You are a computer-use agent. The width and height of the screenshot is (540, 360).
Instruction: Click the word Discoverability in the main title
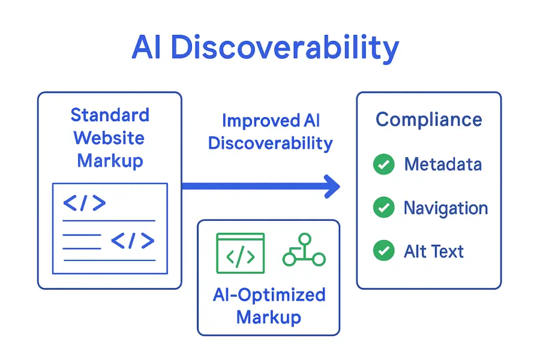[x=284, y=48]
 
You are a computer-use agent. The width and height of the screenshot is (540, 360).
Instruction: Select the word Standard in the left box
[x=110, y=115]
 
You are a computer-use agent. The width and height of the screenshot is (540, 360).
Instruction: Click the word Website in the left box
[x=109, y=137]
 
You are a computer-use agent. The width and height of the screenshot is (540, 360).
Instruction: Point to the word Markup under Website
[x=110, y=160]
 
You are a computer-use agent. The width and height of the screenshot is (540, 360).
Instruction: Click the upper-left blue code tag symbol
[x=84, y=203]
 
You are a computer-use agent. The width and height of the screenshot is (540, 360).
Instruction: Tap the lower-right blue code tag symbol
[x=133, y=241]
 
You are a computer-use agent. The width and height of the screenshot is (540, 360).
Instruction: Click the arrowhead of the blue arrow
[x=331, y=186]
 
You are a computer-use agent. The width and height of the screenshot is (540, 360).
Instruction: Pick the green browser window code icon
[x=240, y=253]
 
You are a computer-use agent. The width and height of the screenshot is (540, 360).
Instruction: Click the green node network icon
[x=304, y=250]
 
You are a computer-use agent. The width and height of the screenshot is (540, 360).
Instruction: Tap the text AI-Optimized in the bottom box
[x=269, y=295]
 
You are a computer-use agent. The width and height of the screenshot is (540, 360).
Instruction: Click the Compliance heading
[x=428, y=119]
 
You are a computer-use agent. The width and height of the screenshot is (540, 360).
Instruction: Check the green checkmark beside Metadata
[x=383, y=164]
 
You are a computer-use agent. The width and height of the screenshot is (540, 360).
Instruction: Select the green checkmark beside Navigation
[x=383, y=208]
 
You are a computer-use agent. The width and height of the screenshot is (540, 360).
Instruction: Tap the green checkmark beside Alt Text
[x=383, y=251]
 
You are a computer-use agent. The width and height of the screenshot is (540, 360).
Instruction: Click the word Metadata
[x=443, y=164]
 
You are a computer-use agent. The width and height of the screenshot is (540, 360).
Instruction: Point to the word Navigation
[x=445, y=208]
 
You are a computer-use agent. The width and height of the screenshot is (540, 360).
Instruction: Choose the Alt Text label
[x=434, y=251]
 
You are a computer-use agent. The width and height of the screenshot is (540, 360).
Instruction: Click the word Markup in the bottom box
[x=268, y=317]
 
